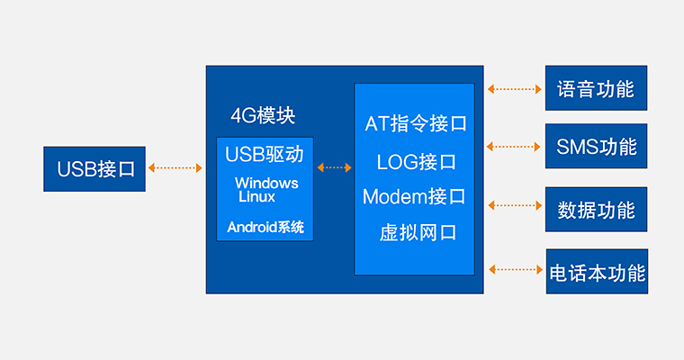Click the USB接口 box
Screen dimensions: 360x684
[94, 168]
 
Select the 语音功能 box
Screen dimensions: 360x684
[596, 89]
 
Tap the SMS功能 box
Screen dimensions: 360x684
[596, 146]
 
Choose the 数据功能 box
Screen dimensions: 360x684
[596, 210]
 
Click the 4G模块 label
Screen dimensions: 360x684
[263, 116]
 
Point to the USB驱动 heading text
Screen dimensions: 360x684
[265, 154]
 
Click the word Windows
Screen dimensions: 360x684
[266, 184]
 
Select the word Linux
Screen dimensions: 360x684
[256, 195]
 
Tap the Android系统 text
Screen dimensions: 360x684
[265, 227]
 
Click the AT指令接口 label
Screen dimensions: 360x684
[415, 124]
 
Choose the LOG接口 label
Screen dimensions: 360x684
[416, 162]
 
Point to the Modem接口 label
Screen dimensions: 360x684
[414, 196]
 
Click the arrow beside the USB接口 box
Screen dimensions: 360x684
[175, 167]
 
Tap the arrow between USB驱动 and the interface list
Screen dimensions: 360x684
[335, 167]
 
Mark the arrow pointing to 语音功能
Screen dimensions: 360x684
[514, 89]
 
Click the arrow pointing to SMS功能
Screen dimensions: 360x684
[514, 146]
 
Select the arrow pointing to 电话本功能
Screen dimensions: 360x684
[514, 268]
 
